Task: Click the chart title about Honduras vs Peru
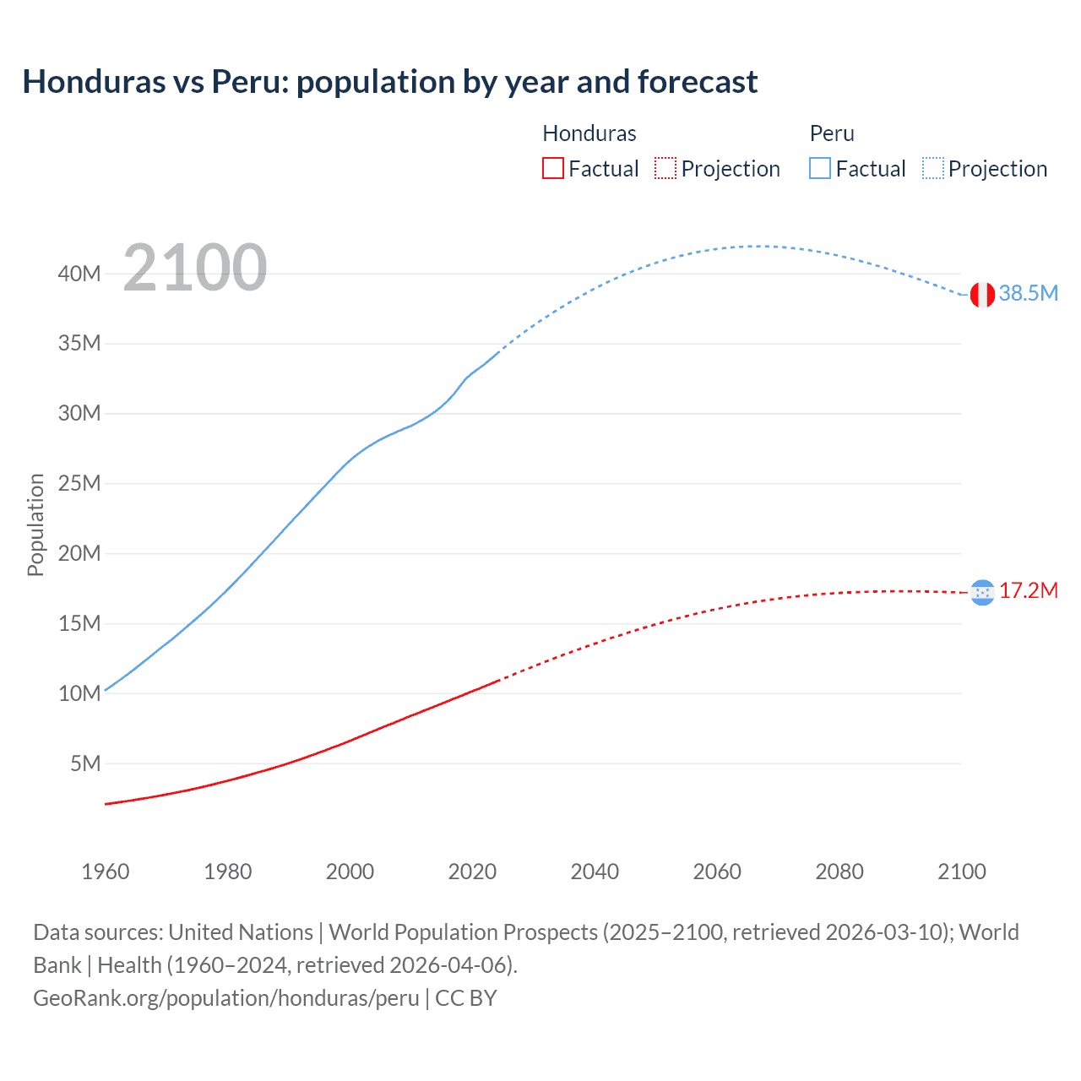[x=389, y=82]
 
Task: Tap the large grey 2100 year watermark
[x=195, y=268]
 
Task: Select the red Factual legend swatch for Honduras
[x=552, y=168]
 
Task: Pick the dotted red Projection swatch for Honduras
[x=665, y=168]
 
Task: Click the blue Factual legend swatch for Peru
[x=820, y=168]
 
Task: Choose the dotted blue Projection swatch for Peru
[x=933, y=168]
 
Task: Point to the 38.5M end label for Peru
[x=1028, y=294]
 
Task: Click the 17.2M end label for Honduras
[x=1028, y=591]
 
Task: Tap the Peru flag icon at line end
[x=982, y=295]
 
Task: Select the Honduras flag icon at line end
[x=982, y=593]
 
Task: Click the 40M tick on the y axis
[x=79, y=274]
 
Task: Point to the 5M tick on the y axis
[x=85, y=763]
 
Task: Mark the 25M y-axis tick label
[x=79, y=484]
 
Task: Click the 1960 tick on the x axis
[x=106, y=872]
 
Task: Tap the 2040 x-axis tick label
[x=595, y=872]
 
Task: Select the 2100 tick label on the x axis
[x=961, y=872]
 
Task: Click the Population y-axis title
[x=35, y=524]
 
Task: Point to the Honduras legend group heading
[x=589, y=133]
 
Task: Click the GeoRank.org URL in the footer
[x=226, y=998]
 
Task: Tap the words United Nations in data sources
[x=241, y=932]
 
